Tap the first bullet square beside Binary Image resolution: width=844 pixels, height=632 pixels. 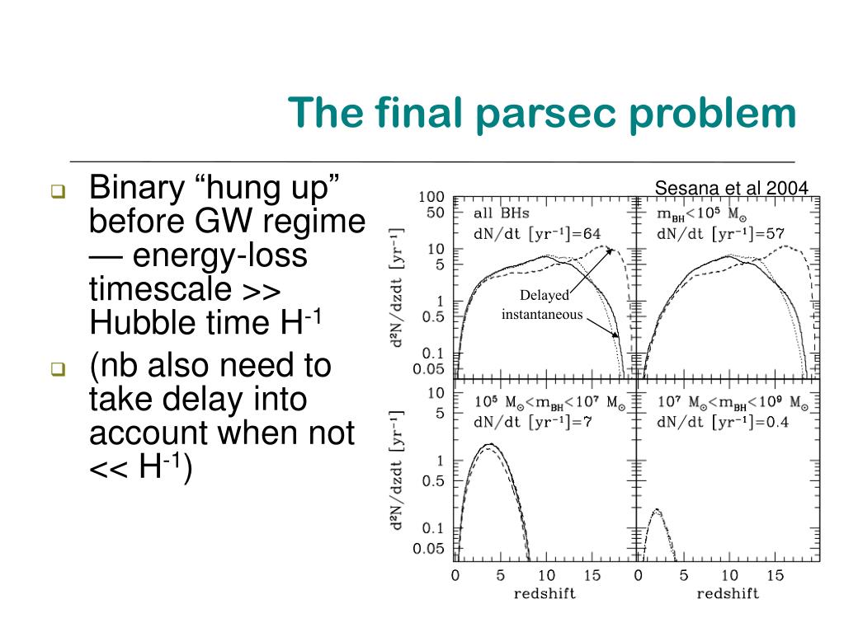coord(57,193)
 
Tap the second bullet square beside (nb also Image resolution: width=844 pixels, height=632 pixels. coord(57,370)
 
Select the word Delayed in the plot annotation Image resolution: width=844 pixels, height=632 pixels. coord(544,296)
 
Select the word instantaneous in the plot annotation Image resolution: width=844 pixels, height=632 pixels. coord(542,314)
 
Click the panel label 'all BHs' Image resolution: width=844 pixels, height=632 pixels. coord(502,214)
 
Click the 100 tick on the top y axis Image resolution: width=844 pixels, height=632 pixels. coord(431,197)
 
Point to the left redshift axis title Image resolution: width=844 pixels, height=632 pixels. coord(544,593)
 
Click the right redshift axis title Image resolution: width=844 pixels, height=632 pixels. coord(728,593)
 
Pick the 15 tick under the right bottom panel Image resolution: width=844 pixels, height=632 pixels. coord(774,575)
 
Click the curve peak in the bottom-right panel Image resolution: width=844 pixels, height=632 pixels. coord(658,510)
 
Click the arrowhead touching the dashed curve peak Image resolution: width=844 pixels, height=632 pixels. coord(611,250)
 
